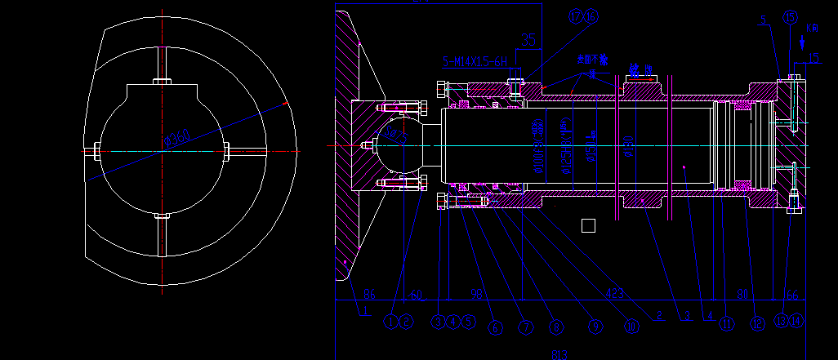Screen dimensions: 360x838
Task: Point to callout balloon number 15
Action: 789,17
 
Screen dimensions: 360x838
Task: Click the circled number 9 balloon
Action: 594,327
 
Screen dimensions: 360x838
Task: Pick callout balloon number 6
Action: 494,327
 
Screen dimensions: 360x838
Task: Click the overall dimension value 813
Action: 559,354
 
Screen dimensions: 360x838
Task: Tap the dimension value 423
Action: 616,292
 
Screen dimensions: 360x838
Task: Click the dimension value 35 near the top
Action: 528,39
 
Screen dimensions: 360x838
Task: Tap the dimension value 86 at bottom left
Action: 368,293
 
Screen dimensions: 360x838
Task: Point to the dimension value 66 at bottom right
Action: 791,293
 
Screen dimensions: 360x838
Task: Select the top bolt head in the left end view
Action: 163,81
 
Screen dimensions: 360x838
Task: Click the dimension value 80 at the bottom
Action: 743,293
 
